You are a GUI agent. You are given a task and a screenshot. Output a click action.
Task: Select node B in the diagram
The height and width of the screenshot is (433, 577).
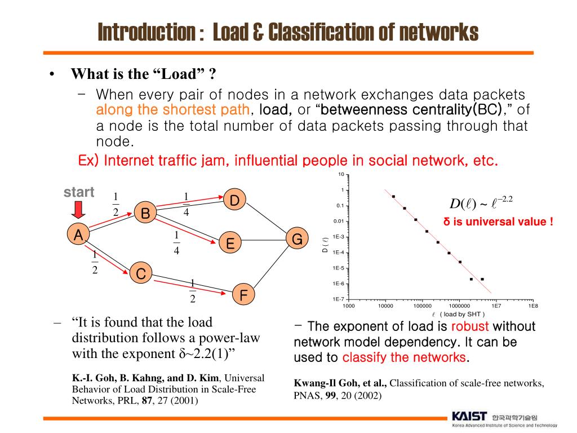click(145, 214)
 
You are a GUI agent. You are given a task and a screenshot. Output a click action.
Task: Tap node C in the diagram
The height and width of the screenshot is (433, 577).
click(141, 274)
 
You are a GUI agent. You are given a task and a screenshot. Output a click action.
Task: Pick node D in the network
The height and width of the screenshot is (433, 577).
click(235, 200)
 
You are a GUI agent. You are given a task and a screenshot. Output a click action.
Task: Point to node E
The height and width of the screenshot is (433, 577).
click(230, 244)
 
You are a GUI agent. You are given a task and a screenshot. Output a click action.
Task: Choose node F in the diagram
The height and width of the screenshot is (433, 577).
click(243, 295)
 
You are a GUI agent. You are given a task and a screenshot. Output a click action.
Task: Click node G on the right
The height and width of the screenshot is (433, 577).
click(297, 240)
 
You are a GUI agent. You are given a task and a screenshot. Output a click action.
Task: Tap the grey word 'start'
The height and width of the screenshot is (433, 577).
click(79, 192)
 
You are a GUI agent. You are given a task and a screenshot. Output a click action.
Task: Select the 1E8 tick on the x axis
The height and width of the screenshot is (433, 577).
click(532, 306)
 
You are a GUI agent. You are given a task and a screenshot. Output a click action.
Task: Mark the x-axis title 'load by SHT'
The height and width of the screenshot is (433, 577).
click(461, 314)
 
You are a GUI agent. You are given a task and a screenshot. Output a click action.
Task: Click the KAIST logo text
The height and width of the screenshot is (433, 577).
click(469, 417)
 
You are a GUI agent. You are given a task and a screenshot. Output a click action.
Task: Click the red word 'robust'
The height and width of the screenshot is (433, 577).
click(470, 326)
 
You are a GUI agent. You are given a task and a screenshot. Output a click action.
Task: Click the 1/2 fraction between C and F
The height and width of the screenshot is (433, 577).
click(193, 291)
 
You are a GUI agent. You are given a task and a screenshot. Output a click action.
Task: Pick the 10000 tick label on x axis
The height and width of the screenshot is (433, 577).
click(385, 306)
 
